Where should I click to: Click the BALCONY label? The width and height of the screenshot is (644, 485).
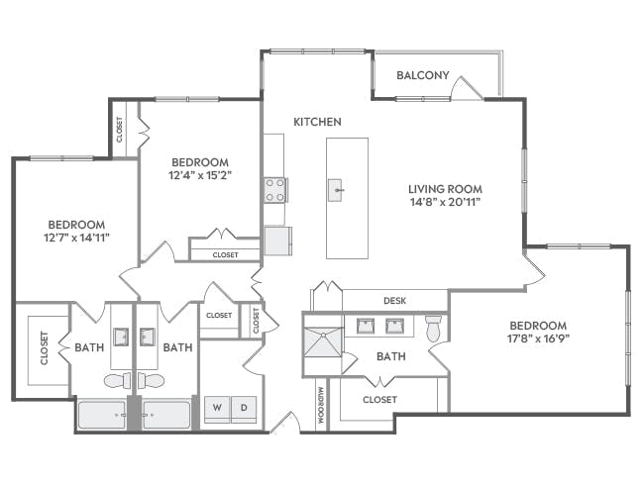(423, 75)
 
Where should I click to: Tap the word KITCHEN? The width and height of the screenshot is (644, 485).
(317, 122)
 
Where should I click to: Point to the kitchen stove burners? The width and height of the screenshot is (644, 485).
(274, 189)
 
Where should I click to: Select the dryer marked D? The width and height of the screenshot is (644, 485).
(245, 406)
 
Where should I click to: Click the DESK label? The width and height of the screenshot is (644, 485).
(394, 300)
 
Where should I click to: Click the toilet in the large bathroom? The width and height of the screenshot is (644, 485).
(433, 329)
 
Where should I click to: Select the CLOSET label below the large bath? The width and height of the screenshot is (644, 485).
(379, 399)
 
